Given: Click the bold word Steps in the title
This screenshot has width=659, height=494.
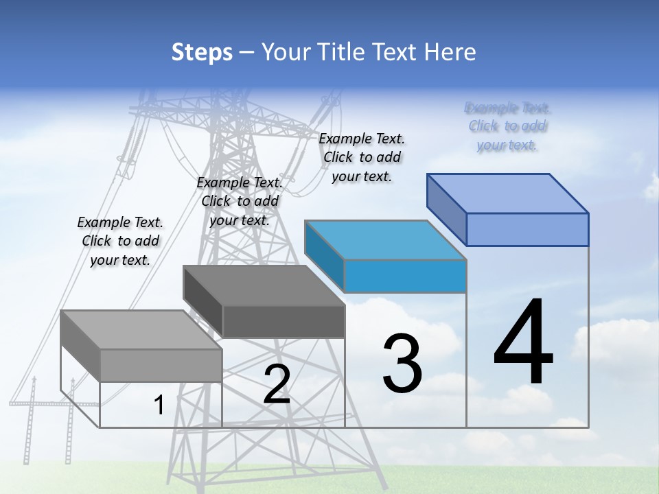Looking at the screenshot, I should [201, 52].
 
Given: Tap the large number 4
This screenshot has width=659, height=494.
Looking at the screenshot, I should [523, 343].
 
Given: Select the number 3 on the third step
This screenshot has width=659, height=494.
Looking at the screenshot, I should [402, 364].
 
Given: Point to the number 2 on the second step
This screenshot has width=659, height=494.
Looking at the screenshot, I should [277, 384].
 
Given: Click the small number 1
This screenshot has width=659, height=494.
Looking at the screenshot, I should [159, 405].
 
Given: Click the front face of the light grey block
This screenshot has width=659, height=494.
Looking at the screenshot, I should [161, 366].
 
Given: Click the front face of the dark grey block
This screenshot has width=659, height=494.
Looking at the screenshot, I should [283, 322].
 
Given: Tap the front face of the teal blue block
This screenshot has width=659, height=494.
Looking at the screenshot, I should [405, 276].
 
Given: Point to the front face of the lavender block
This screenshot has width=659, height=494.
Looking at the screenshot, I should [527, 229].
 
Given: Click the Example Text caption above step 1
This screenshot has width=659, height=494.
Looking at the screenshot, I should [120, 241].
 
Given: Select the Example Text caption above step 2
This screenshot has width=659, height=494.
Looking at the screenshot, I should [240, 201].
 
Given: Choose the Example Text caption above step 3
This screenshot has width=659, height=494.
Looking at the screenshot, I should [362, 157].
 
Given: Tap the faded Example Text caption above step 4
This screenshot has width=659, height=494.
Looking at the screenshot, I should [507, 126].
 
